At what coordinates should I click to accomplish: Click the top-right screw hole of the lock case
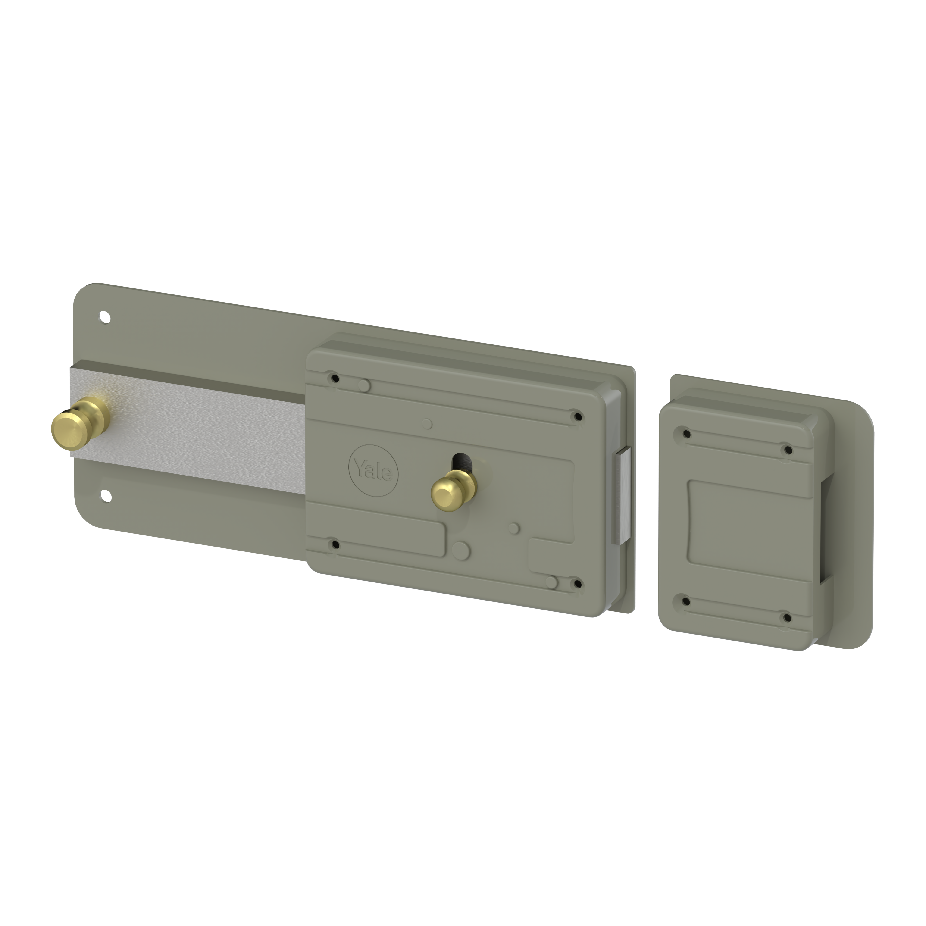578,416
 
